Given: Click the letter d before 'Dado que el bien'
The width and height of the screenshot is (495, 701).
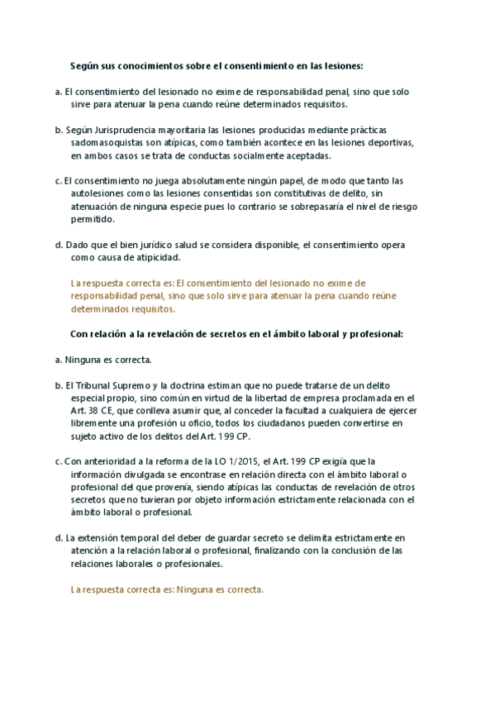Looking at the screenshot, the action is (x=58, y=246).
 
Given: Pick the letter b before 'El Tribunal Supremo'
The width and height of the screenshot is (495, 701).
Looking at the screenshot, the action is (x=58, y=386).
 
